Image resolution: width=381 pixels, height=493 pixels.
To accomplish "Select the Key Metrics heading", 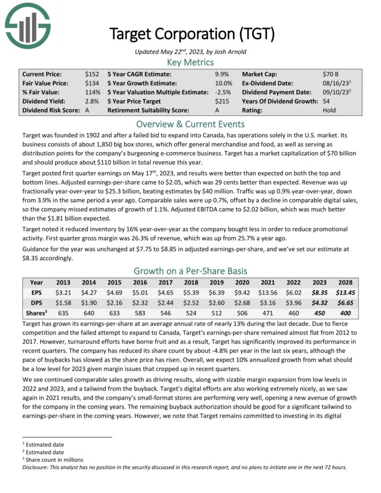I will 190,62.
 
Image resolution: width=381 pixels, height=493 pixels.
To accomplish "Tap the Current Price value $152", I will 92,74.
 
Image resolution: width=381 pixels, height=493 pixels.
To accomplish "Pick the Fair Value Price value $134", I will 92,83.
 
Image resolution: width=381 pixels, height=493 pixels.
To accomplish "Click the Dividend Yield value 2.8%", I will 92,101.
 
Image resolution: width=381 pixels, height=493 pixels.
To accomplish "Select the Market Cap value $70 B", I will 331,74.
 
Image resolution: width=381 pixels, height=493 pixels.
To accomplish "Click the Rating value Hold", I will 329,111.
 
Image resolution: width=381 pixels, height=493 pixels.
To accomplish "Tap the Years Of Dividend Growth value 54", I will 326,101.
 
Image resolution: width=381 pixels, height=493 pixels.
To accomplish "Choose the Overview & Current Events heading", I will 190,124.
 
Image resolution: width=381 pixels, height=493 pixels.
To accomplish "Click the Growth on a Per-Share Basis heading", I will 190,270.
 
